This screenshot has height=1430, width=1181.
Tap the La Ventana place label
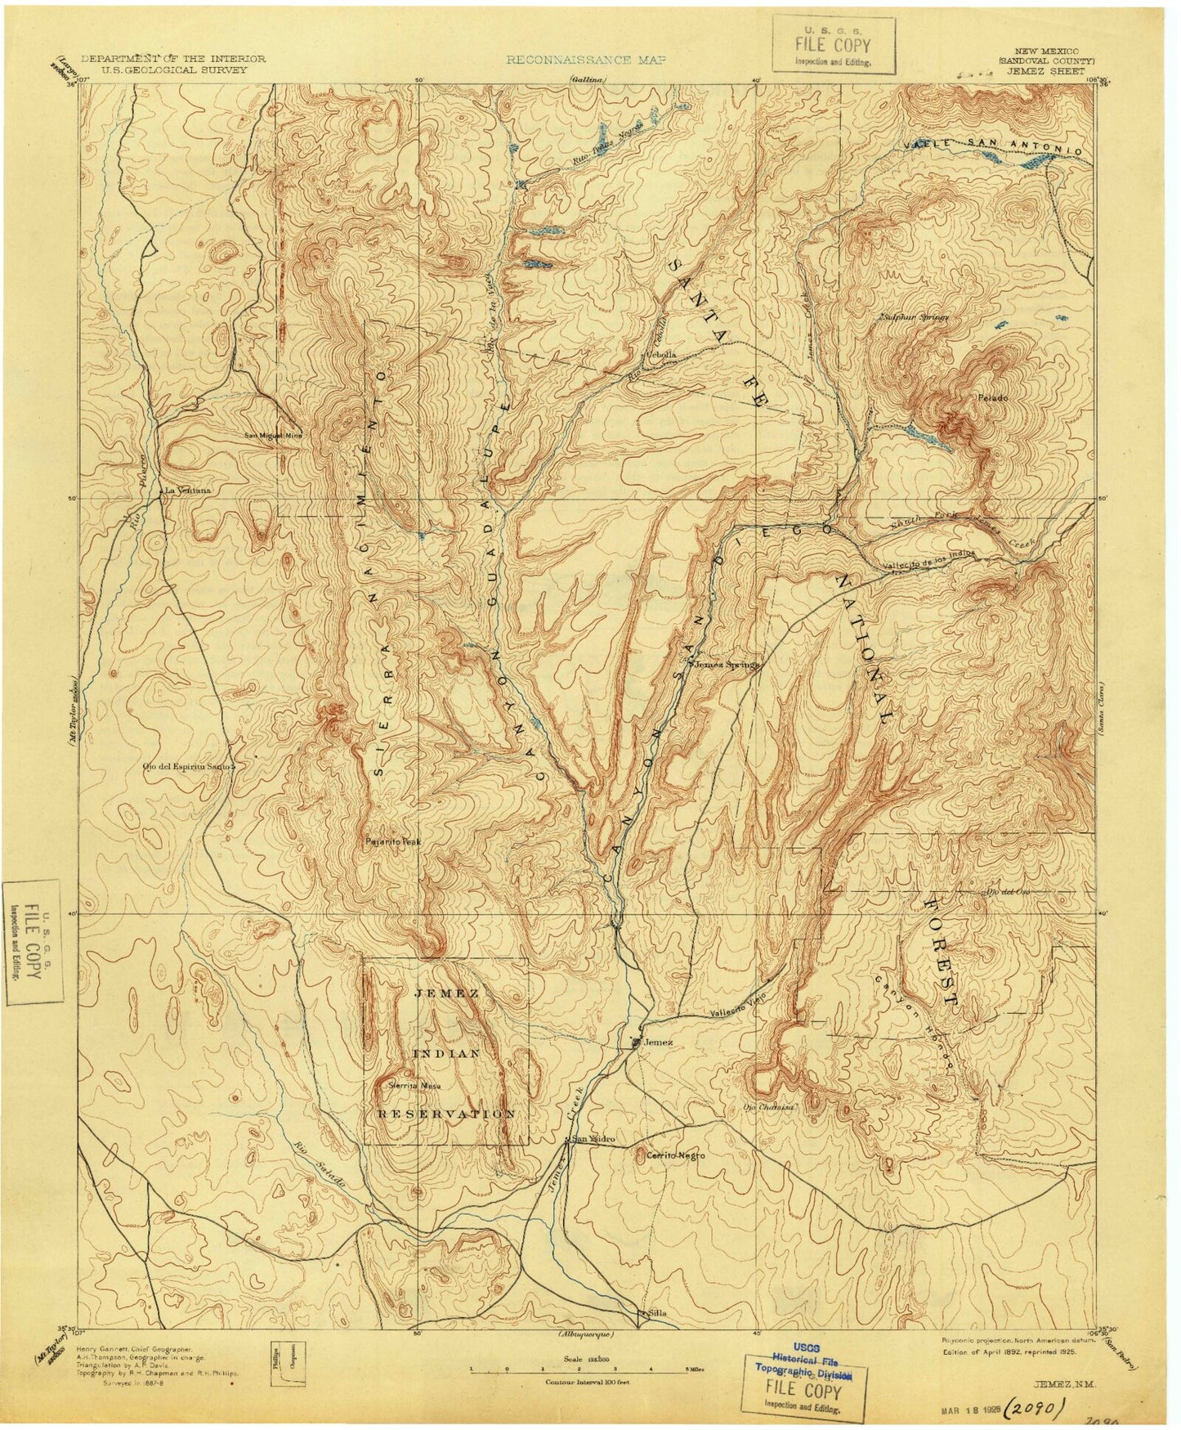click(x=188, y=490)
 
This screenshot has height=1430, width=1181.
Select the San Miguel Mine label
click(x=274, y=435)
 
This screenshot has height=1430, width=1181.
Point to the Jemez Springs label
click(x=727, y=665)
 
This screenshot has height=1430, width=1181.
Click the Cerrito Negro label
click(x=675, y=1154)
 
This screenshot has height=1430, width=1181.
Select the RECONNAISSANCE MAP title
click(x=586, y=60)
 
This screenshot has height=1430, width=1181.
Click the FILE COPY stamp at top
click(x=834, y=52)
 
